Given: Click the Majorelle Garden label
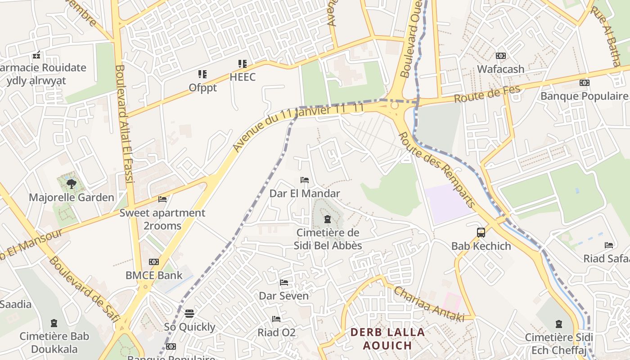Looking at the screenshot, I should pyautogui.click(x=72, y=198).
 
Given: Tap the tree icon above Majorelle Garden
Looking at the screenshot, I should pyautogui.click(x=71, y=184).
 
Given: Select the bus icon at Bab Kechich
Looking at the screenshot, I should pyautogui.click(x=481, y=233).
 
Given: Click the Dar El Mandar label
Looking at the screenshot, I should pyautogui.click(x=305, y=193).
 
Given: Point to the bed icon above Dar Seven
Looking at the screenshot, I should pyautogui.click(x=284, y=283).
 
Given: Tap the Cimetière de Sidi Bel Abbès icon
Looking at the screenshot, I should pyautogui.click(x=328, y=220).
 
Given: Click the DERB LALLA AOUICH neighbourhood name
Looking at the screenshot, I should pyautogui.click(x=387, y=339).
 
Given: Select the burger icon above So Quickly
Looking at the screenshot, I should pyautogui.click(x=189, y=313).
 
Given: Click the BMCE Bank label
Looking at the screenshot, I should pyautogui.click(x=154, y=275).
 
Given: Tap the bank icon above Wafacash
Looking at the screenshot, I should pyautogui.click(x=500, y=56).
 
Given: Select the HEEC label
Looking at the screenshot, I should pyautogui.click(x=243, y=77).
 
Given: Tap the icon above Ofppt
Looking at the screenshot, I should pyautogui.click(x=202, y=74).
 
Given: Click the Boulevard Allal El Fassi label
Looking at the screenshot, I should pyautogui.click(x=124, y=124).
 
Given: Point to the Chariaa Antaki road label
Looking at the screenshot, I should pyautogui.click(x=429, y=304).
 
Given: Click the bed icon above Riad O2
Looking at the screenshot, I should pyautogui.click(x=276, y=319).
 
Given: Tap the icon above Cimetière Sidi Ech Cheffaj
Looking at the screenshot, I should pyautogui.click(x=559, y=324).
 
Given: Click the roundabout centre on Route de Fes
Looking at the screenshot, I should pyautogui.click(x=395, y=105).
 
